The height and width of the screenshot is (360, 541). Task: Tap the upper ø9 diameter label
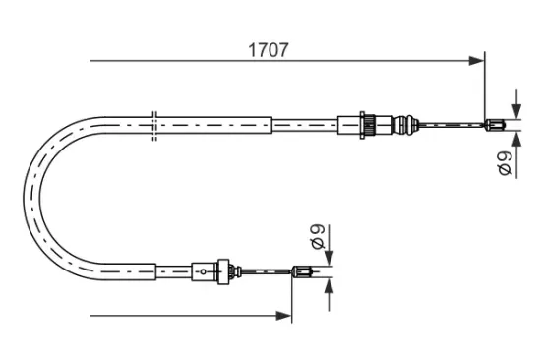coord(504,164)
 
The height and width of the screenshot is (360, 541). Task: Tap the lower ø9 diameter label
coord(317,237)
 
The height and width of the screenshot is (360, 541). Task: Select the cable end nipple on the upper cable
coord(496,123)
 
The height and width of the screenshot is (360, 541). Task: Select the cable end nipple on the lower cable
coord(304,272)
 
